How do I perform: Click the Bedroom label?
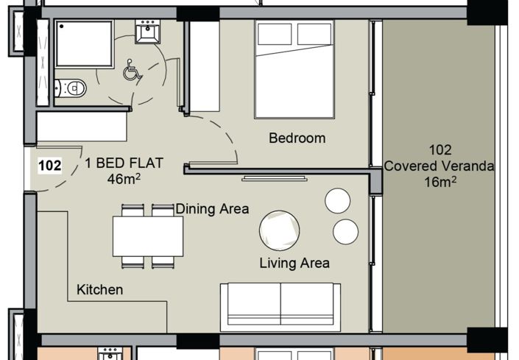click(297, 138)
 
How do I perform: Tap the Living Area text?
click(294, 263)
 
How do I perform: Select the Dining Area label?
click(212, 209)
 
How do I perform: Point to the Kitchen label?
click(100, 290)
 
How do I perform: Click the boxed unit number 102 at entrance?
click(49, 166)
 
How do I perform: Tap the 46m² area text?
click(124, 178)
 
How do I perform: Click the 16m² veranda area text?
click(439, 182)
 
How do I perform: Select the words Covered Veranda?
click(439, 166)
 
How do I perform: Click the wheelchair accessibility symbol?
click(132, 71)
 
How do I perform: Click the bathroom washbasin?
click(147, 32)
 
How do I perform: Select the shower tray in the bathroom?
click(83, 43)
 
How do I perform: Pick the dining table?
click(148, 236)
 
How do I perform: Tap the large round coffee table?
click(280, 230)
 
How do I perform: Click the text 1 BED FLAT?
click(124, 163)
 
